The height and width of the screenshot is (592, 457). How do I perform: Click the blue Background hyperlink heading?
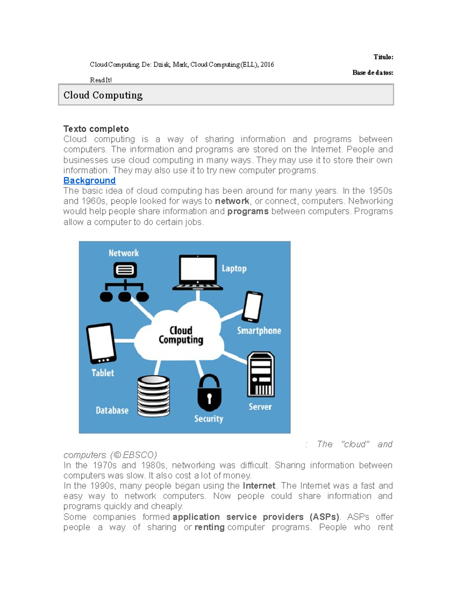pyautogui.click(x=89, y=180)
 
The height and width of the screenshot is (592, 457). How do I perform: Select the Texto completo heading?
pyautogui.click(x=96, y=129)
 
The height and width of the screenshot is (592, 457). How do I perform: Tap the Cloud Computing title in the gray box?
pyautogui.click(x=103, y=95)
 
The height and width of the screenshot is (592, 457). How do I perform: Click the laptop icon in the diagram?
pyautogui.click(x=198, y=273)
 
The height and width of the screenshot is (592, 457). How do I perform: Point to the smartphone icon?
pyautogui.click(x=253, y=307)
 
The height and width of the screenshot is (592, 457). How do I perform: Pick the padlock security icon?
pyautogui.click(x=209, y=393)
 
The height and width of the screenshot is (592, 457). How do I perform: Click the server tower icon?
pyautogui.click(x=261, y=375)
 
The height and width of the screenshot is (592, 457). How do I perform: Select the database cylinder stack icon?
pyautogui.click(x=153, y=396)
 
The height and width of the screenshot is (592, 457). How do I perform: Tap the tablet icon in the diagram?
pyautogui.click(x=101, y=343)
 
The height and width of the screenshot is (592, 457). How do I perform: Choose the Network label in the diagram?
pyautogui.click(x=124, y=253)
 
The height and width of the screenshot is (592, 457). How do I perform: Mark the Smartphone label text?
pyautogui.click(x=259, y=330)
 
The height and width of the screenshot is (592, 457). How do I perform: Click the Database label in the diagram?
pyautogui.click(x=112, y=411)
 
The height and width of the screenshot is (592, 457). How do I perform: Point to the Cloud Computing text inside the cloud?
pyautogui.click(x=181, y=335)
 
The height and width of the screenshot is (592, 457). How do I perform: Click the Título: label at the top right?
pyautogui.click(x=383, y=57)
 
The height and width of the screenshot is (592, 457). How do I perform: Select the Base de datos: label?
pyautogui.click(x=372, y=72)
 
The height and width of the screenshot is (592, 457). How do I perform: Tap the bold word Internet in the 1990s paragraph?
pyautogui.click(x=259, y=486)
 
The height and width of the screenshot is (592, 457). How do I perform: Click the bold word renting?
pyautogui.click(x=209, y=527)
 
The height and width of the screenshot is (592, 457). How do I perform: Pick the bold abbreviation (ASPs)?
pyautogui.click(x=324, y=517)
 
